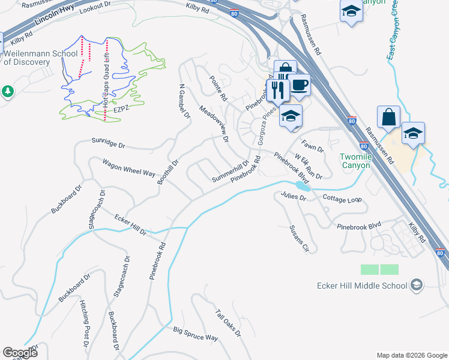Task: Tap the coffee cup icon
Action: (x=300, y=86)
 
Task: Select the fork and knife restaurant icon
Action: (x=277, y=90)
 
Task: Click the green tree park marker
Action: (x=7, y=91)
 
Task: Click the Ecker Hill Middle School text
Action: (x=362, y=286)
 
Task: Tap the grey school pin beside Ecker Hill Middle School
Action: (x=418, y=286)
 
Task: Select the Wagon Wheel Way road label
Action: (x=128, y=167)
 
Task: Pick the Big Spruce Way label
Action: (x=196, y=334)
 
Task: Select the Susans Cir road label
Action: (x=298, y=239)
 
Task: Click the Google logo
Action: (x=20, y=353)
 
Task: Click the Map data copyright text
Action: (x=411, y=355)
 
